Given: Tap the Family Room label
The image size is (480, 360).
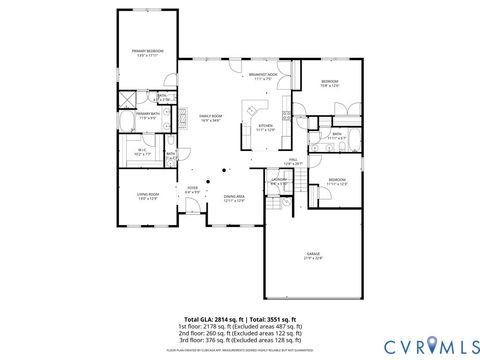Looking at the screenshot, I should point(208,117).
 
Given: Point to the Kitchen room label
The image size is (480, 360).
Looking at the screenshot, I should point(265,127).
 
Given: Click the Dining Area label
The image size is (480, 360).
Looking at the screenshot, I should point(235,198).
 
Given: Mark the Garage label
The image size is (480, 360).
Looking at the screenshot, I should point(313,257).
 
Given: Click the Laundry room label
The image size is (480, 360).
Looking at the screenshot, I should point(279,181).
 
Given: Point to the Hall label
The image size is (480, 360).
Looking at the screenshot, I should point(294,160).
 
